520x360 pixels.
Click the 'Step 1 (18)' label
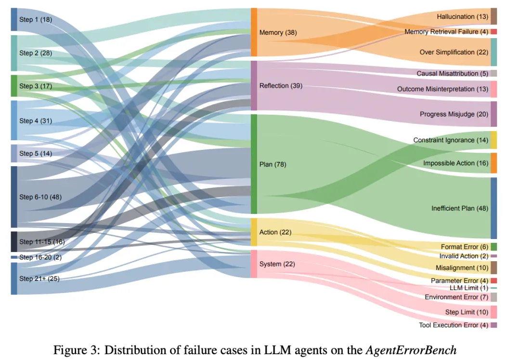coord(36,20)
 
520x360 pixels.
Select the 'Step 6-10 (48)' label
coord(40,197)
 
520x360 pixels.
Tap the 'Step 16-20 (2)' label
coord(40,257)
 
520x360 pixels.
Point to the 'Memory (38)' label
coord(278,32)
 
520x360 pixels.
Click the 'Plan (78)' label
coord(273,164)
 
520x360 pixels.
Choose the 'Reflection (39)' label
coord(281,86)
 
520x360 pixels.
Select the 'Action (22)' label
coord(275,232)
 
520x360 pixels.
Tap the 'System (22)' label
coord(277,264)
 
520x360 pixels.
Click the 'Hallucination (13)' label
coord(462,16)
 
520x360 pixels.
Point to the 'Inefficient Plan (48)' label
coord(460,208)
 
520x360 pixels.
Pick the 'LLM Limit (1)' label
coord(469,288)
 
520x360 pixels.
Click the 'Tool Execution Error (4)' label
coord(454,325)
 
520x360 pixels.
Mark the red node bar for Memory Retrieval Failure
coord(494,32)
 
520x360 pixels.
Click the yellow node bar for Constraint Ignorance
coord(494,140)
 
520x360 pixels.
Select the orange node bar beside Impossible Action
coord(494,163)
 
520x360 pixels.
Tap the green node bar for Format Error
coord(494,247)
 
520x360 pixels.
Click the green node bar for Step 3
coord(14,86)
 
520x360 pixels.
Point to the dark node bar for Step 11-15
coord(14,242)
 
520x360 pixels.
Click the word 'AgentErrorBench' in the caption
coord(411,350)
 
